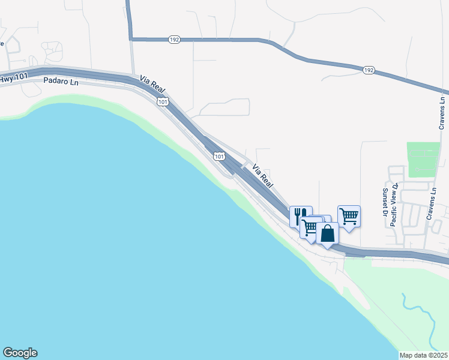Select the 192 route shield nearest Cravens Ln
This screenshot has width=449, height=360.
point(369,71)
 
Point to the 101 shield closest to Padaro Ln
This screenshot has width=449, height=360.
point(163,103)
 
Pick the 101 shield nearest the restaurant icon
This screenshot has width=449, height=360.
point(220,157)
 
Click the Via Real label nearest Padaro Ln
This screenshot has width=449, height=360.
point(152,84)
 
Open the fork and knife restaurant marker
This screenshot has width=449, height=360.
point(299,215)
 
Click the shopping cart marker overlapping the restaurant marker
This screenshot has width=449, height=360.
point(310,227)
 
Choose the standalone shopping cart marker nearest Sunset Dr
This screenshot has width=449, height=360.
point(349,215)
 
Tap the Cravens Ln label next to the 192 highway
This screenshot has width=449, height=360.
point(442,113)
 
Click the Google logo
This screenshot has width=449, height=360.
point(20,353)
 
